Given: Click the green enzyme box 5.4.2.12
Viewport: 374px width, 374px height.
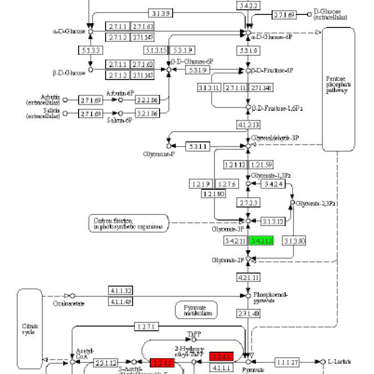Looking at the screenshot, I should pyautogui.click(x=261, y=241).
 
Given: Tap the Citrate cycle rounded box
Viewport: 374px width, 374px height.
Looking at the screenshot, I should pyautogui.click(x=30, y=329).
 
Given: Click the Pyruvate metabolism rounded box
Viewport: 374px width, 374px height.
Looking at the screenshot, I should pyautogui.click(x=196, y=310).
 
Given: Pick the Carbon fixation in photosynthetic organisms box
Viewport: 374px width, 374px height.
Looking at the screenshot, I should pyautogui.click(x=129, y=223).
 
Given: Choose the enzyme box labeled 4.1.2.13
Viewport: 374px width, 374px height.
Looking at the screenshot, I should pyautogui.click(x=248, y=125).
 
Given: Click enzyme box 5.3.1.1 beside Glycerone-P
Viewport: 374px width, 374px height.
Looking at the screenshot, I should pyautogui.click(x=198, y=146).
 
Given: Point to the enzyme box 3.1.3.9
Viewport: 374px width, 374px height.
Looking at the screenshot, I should pyautogui.click(x=160, y=14).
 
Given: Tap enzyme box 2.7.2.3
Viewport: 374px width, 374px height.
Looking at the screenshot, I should pyautogui.click(x=248, y=202).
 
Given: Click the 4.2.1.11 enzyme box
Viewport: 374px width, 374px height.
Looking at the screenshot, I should pyautogui.click(x=248, y=277).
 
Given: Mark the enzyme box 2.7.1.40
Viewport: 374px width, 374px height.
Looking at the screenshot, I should pyautogui.click(x=248, y=313).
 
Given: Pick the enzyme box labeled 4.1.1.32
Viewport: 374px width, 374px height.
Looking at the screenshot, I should pyautogui.click(x=121, y=291).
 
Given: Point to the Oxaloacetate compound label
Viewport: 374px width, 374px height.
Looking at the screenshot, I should pyautogui.click(x=69, y=303).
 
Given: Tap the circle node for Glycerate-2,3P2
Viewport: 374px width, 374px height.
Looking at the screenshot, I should pyautogui.click(x=292, y=202).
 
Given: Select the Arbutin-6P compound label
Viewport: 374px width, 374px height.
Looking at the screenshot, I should pyautogui.click(x=119, y=93).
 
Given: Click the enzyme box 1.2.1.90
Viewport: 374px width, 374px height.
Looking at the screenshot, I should pyautogui.click(x=214, y=194).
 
